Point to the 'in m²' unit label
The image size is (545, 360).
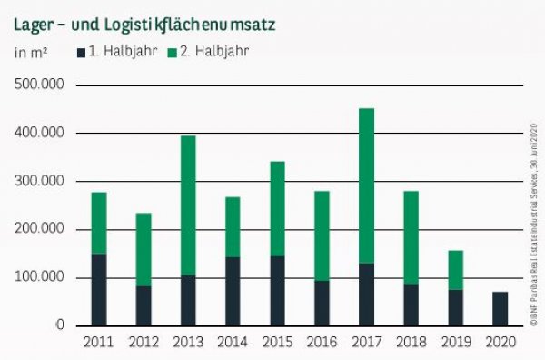point(31,52)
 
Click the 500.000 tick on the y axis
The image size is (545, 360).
point(40,85)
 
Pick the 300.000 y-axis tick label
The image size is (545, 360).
point(40,181)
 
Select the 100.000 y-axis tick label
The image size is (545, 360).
point(40,277)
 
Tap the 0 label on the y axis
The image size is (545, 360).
point(61,325)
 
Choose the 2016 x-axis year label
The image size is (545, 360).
point(322,344)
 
